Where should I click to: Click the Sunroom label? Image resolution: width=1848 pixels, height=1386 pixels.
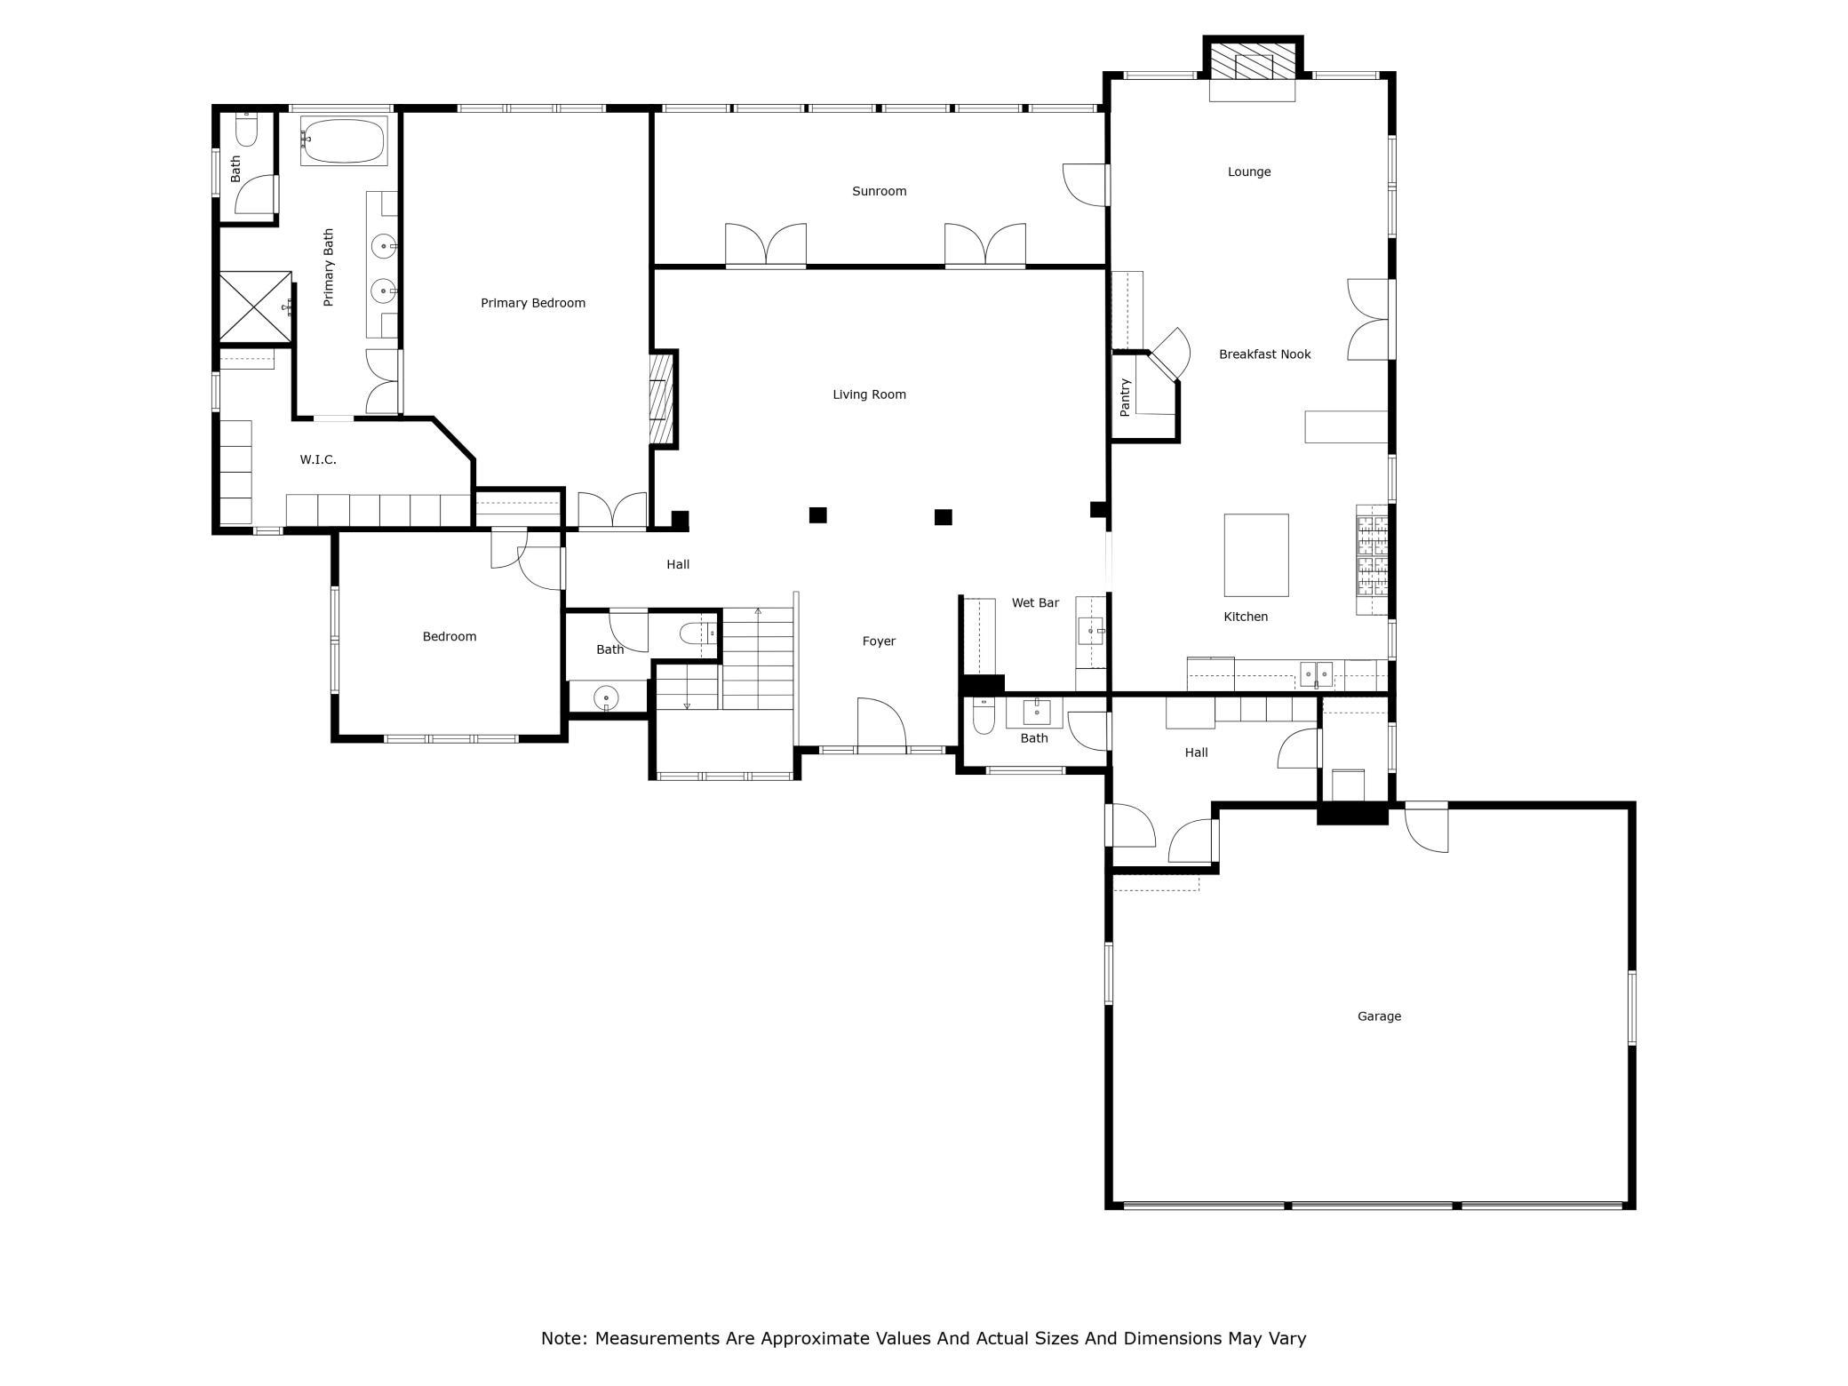(x=879, y=191)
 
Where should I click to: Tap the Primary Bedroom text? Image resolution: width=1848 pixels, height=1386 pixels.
(x=533, y=303)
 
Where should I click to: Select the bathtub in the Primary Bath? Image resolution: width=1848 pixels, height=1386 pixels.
(x=344, y=140)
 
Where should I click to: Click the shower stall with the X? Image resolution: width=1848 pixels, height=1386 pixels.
(x=255, y=307)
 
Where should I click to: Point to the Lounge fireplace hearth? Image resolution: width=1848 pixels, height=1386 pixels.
(x=1252, y=90)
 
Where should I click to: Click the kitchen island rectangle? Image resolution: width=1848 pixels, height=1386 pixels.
(x=1256, y=555)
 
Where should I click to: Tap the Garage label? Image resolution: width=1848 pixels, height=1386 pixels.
(x=1379, y=1016)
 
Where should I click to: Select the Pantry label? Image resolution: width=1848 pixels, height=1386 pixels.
(x=1125, y=397)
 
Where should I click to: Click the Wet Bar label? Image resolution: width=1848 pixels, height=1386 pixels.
(x=1035, y=602)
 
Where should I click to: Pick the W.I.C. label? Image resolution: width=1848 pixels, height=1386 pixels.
(x=318, y=459)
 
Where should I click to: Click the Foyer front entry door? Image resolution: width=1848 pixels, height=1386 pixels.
(x=880, y=725)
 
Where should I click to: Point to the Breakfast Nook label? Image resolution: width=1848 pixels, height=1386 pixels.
(x=1264, y=354)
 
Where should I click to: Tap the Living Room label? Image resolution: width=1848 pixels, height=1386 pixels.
(x=869, y=394)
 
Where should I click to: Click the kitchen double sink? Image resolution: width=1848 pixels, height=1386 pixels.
(x=1317, y=674)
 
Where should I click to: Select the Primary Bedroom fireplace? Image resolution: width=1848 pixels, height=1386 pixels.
(x=664, y=399)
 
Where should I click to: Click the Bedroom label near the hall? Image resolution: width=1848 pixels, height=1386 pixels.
(x=450, y=636)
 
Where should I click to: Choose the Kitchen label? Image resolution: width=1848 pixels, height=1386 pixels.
(x=1246, y=617)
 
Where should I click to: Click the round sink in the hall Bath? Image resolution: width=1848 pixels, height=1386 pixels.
(x=606, y=697)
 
